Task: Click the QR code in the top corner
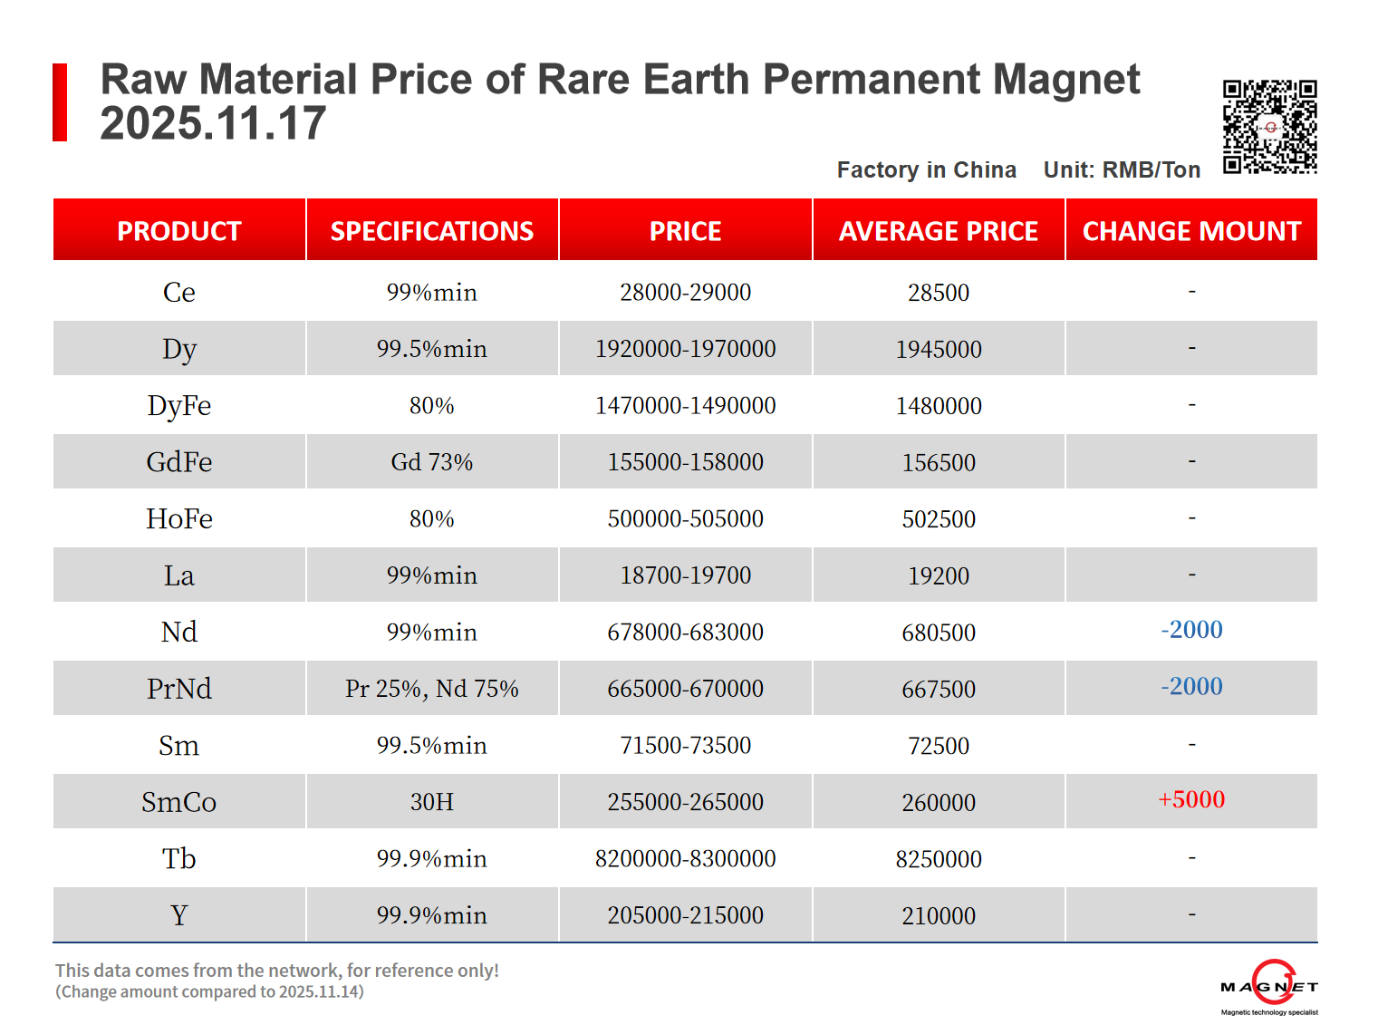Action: click(1269, 127)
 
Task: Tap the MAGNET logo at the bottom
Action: click(1269, 987)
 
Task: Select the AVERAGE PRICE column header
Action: click(938, 231)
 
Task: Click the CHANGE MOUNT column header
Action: click(1191, 231)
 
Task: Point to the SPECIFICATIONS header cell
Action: click(431, 231)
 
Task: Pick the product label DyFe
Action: click(179, 405)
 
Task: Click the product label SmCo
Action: click(179, 802)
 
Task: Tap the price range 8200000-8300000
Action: click(685, 858)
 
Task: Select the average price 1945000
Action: click(939, 349)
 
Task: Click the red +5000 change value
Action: click(1191, 799)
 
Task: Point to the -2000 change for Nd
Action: click(1191, 630)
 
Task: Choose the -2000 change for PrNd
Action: click(1191, 687)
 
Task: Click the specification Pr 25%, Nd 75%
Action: click(431, 689)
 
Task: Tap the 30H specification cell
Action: click(431, 802)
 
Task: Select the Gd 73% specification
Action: click(431, 462)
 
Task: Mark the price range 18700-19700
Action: click(685, 575)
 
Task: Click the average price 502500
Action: click(939, 519)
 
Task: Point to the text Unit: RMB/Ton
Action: click(1122, 169)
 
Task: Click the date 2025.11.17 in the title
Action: click(213, 123)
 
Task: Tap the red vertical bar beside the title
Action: click(60, 102)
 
